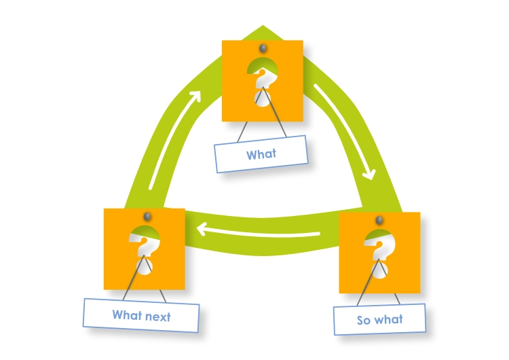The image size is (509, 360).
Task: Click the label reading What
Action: pos(262,155)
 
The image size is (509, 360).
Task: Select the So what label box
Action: pos(380,319)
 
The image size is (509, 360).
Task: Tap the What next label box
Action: pos(141,315)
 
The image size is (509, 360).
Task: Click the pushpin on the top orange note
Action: pos(263,50)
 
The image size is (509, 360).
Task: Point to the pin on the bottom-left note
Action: pos(145,217)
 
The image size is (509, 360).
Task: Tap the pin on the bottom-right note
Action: pos(379,220)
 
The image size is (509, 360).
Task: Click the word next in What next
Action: pos(158,316)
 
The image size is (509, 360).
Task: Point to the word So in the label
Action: pos(364,319)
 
